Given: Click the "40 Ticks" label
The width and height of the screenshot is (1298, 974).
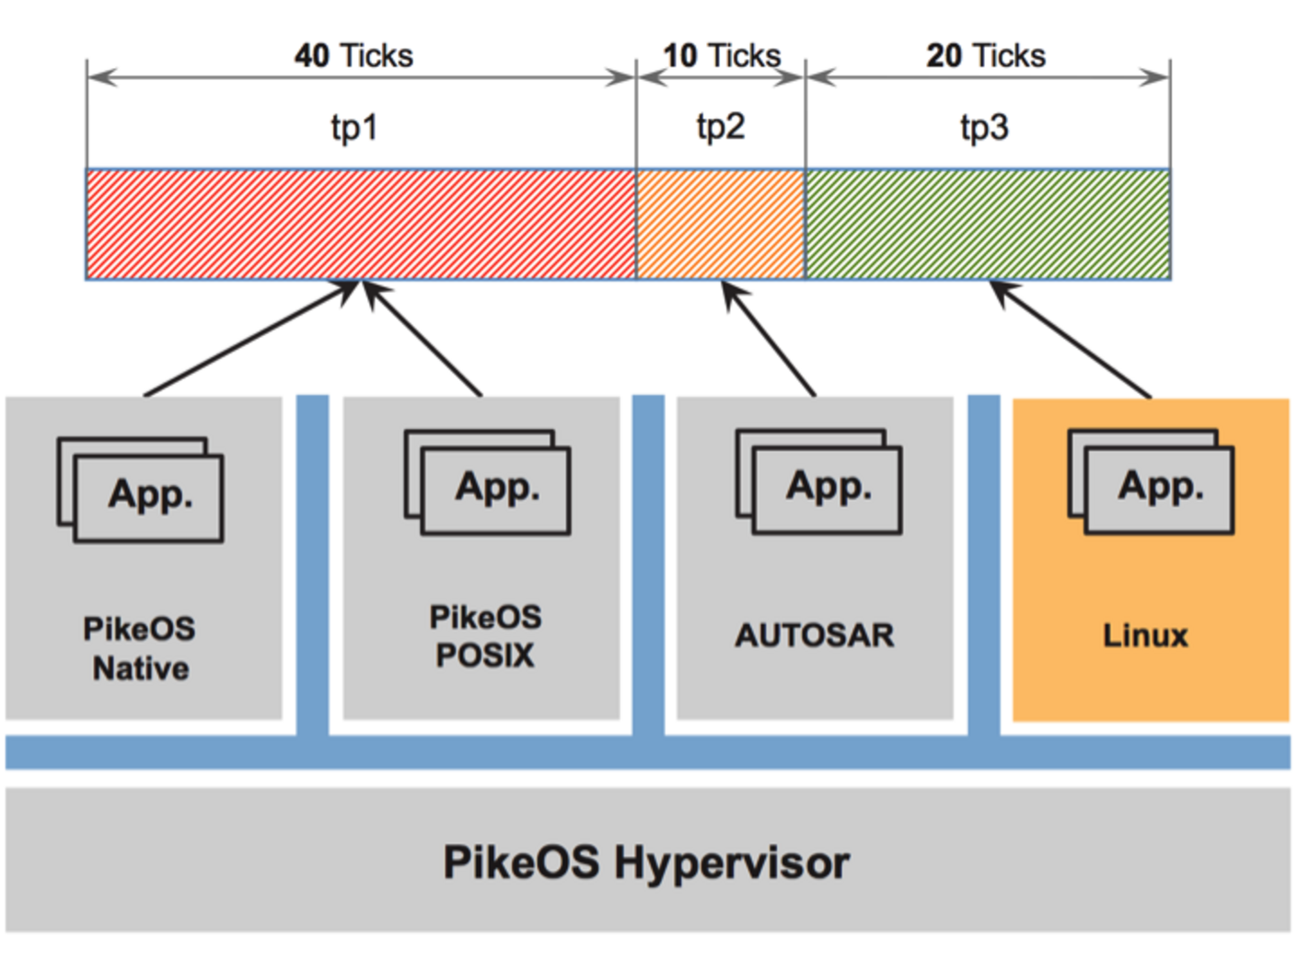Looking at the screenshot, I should pyautogui.click(x=353, y=55).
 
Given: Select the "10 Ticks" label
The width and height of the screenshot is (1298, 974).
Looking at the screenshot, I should pyautogui.click(x=721, y=55).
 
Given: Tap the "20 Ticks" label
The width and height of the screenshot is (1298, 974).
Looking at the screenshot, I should pyautogui.click(x=985, y=55).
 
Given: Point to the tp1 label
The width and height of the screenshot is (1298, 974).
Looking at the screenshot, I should pyautogui.click(x=354, y=127).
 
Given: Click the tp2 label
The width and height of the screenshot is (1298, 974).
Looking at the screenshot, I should pyautogui.click(x=720, y=127).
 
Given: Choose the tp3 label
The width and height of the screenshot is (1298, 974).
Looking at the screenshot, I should pyautogui.click(x=984, y=127).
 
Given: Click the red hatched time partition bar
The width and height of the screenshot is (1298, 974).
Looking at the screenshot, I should pyautogui.click(x=361, y=224).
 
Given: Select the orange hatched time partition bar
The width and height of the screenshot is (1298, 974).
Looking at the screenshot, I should pyautogui.click(x=721, y=224).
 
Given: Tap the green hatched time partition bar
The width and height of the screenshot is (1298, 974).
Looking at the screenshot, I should pyautogui.click(x=988, y=224).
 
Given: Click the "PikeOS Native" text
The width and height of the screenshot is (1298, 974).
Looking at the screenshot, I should pyautogui.click(x=140, y=648).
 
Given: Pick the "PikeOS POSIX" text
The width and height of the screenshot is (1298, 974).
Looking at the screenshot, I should pyautogui.click(x=485, y=636).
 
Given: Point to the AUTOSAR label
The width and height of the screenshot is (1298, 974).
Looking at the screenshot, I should pyautogui.click(x=814, y=635).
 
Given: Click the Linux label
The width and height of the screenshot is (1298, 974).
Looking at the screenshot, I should pyautogui.click(x=1145, y=635).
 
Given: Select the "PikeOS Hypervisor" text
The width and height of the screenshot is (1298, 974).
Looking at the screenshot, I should pyautogui.click(x=646, y=863).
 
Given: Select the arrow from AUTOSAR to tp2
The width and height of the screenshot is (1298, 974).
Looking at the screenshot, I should pyautogui.click(x=769, y=340).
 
